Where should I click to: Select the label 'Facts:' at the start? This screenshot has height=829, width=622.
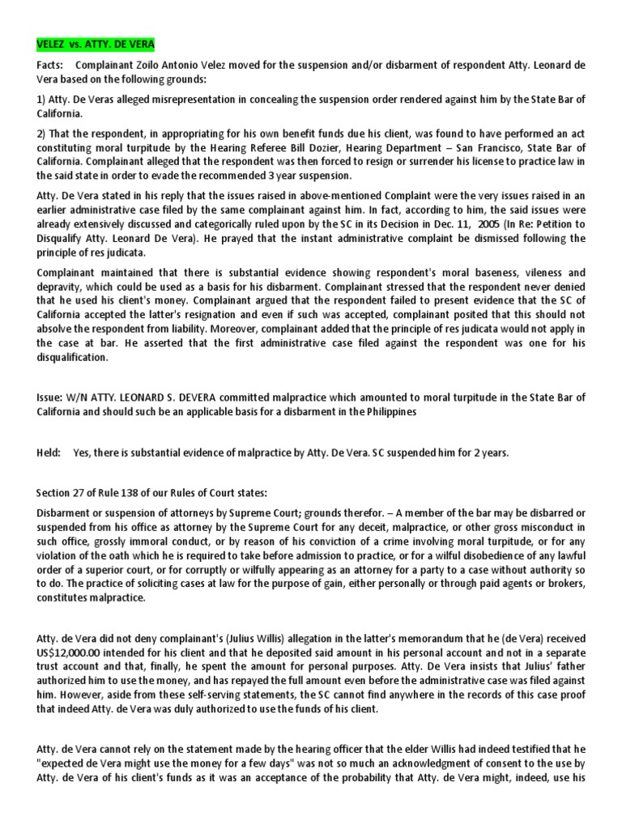51,64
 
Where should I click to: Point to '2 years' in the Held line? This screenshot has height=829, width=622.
492,453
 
